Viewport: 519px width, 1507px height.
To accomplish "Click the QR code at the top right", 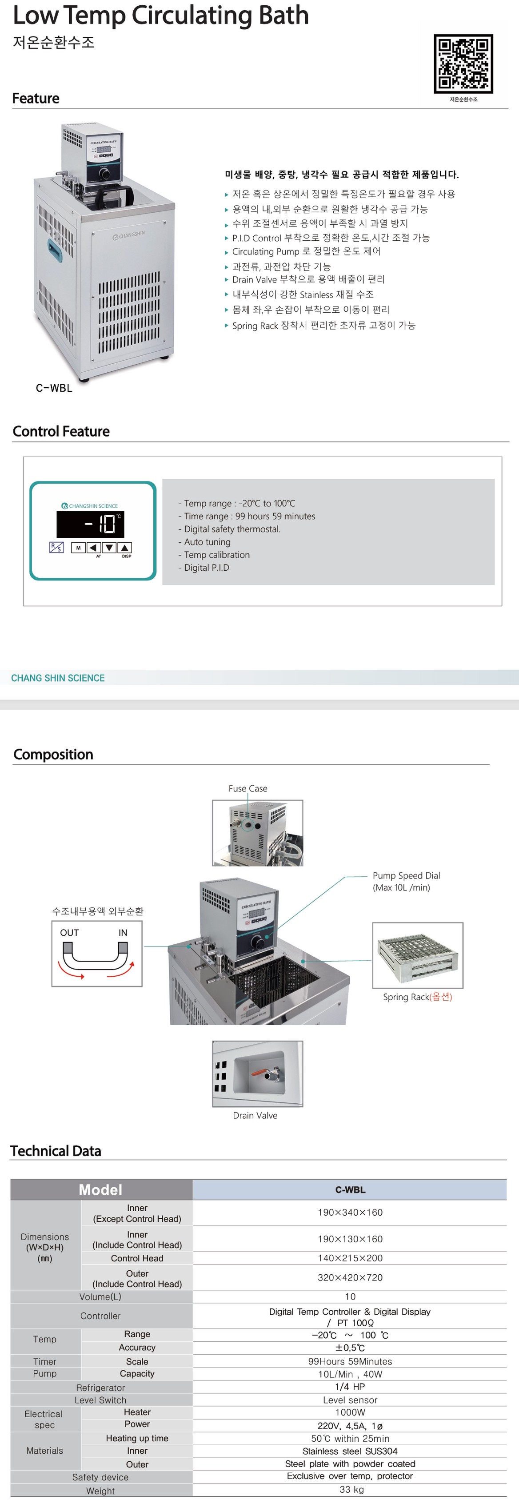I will pos(463,64).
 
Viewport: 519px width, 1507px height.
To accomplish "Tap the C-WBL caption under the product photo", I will pos(54,388).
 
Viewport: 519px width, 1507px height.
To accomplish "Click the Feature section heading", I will pos(36,98).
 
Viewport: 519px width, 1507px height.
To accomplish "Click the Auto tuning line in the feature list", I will pos(207,542).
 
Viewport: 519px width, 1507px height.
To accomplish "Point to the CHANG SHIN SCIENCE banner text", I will pos(58,678).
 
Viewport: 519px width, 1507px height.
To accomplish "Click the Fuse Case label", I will pos(248,789).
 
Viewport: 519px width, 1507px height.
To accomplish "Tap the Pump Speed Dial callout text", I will pos(406,881).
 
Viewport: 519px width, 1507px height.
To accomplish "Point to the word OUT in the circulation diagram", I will pos(69,933).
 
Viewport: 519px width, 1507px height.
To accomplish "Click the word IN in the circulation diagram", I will pos(123,933).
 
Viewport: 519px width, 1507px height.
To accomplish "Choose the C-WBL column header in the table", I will pos(350,1190).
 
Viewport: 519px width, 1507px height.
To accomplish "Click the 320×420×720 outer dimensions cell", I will pos(350,1278).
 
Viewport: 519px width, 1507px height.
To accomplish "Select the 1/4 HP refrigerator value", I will pos(350,1387).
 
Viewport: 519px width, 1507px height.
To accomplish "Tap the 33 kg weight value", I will pos(351,1489).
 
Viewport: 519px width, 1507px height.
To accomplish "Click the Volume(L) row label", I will pos(100,1297).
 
